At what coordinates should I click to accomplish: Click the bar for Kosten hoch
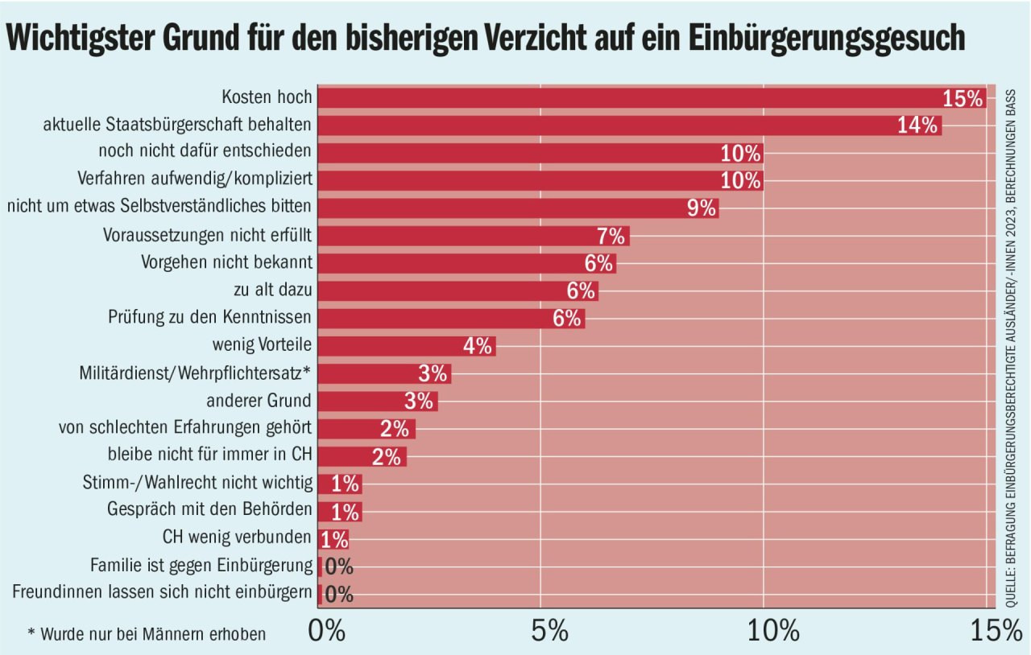point(628,97)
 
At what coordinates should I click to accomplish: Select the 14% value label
point(917,126)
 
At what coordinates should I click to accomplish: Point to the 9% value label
point(701,208)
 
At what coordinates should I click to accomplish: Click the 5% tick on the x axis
point(550,630)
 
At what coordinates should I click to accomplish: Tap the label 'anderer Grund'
point(259,400)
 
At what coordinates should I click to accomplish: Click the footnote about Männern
point(147,634)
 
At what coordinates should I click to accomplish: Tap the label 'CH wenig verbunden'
point(237,538)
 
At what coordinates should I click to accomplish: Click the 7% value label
point(611,236)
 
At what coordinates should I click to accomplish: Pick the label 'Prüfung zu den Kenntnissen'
point(209,318)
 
